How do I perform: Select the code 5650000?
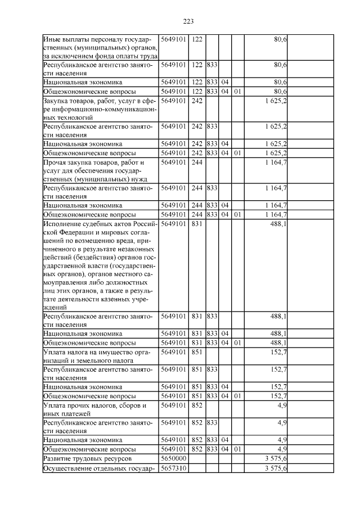click(x=174, y=459)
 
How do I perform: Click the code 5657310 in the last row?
click(x=174, y=469)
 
